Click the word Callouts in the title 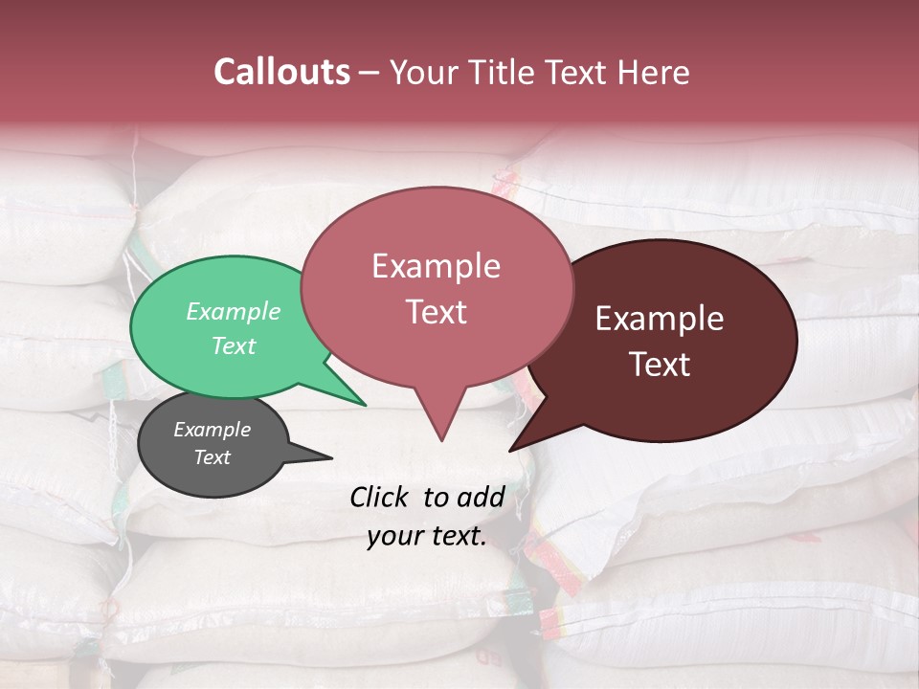pos(281,72)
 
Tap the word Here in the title pos(655,72)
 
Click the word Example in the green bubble pos(233,311)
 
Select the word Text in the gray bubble pos(213,457)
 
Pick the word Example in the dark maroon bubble pos(660,319)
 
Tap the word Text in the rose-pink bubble pos(437,312)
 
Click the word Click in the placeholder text pos(381,497)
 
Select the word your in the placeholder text pos(394,536)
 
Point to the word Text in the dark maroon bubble pos(660,365)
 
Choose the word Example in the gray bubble pos(213,430)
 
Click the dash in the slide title pos(370,73)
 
